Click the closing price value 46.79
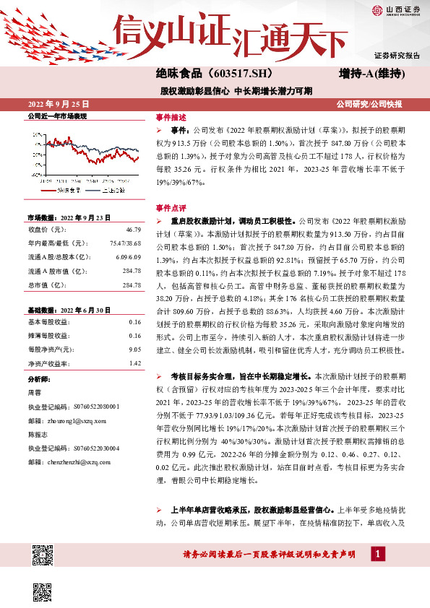pyautogui.click(x=134, y=228)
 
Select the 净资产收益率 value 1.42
pyautogui.click(x=134, y=363)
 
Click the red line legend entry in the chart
pyautogui.click(x=64, y=191)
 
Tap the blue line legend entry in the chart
pyautogui.click(x=109, y=191)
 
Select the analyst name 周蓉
pyautogui.click(x=34, y=393)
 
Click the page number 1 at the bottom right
pyautogui.click(x=377, y=554)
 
